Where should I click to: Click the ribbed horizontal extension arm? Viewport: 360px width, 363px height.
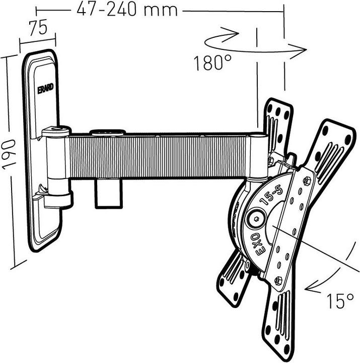(161, 156)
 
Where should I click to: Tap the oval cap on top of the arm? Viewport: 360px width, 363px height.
(107, 133)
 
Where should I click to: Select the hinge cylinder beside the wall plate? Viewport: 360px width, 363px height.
(56, 166)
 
